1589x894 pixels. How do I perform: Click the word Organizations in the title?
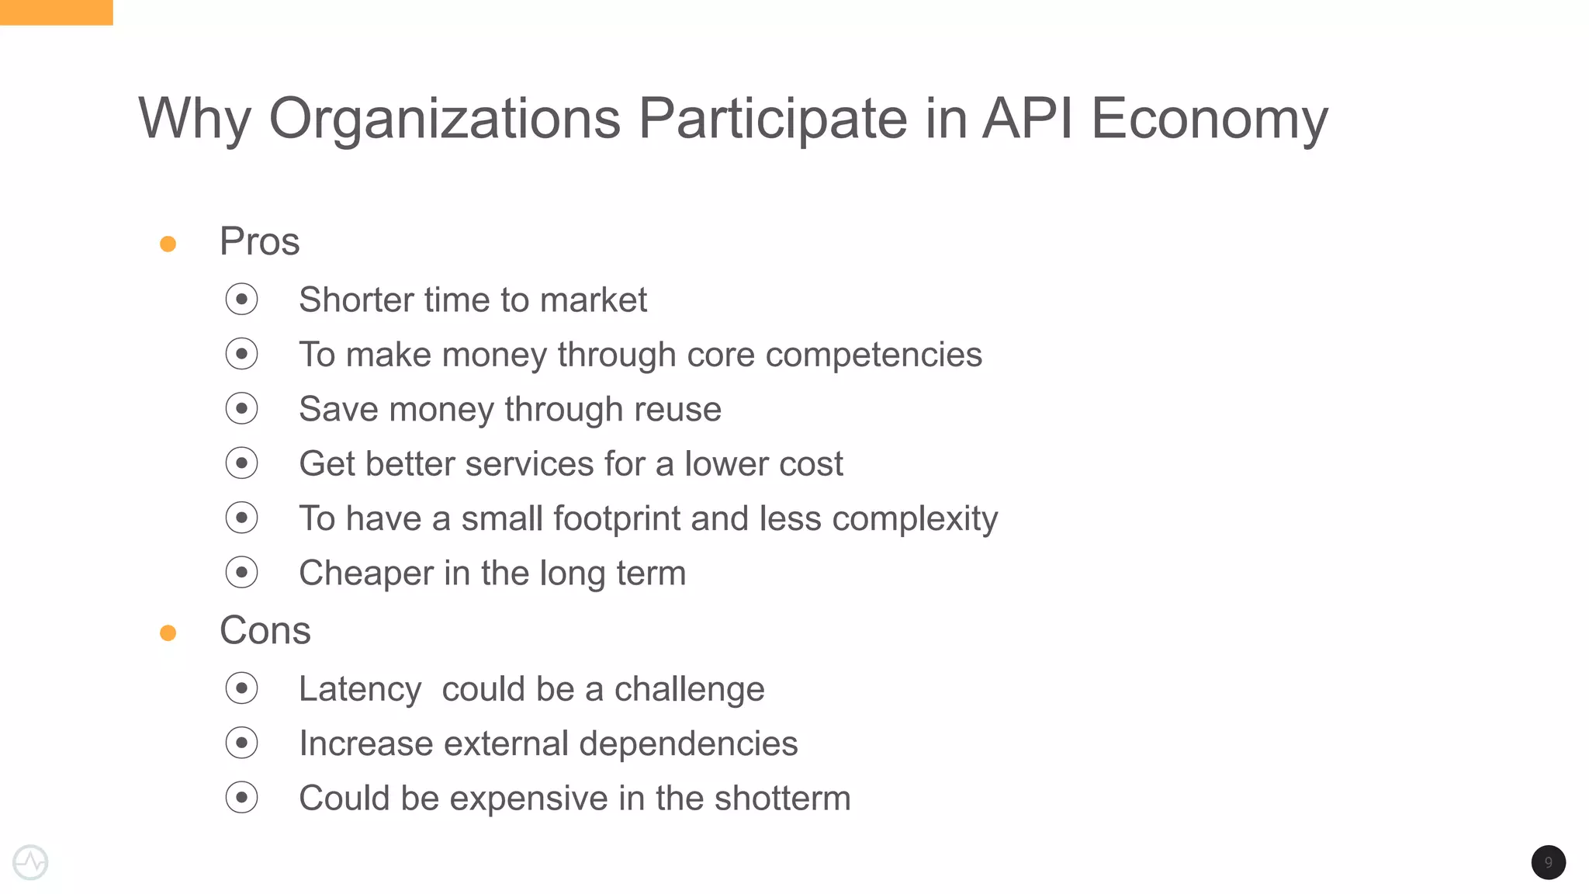coord(445,119)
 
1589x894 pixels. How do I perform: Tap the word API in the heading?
coord(1028,119)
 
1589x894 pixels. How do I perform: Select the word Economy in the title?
coord(1210,119)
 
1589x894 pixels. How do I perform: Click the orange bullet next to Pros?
coord(168,244)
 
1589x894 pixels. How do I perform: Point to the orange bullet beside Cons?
coord(168,633)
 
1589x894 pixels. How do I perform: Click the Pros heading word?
coord(259,241)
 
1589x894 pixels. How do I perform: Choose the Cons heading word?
coord(265,630)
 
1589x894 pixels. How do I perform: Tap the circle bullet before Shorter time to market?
coord(241,300)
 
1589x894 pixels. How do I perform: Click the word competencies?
coord(874,355)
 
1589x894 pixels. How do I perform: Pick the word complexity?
coord(915,518)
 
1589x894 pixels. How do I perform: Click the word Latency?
coord(360,689)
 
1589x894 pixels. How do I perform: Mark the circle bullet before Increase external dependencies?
coord(241,743)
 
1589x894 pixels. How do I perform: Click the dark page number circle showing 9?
coord(1548,862)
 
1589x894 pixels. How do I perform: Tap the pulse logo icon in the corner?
coord(31,862)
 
